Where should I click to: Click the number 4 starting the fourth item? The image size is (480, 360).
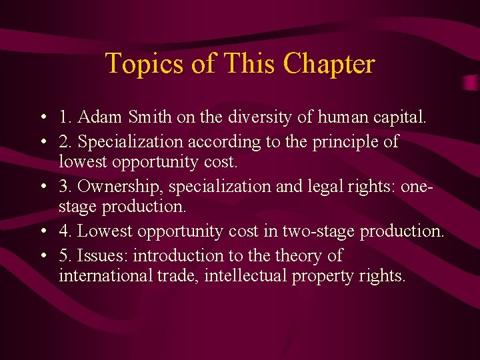(x=63, y=232)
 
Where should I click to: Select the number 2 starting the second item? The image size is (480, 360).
(x=63, y=141)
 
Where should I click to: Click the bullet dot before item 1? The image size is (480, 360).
(x=42, y=119)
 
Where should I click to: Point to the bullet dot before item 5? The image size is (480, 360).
(x=42, y=256)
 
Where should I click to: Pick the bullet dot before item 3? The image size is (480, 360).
(x=42, y=187)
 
